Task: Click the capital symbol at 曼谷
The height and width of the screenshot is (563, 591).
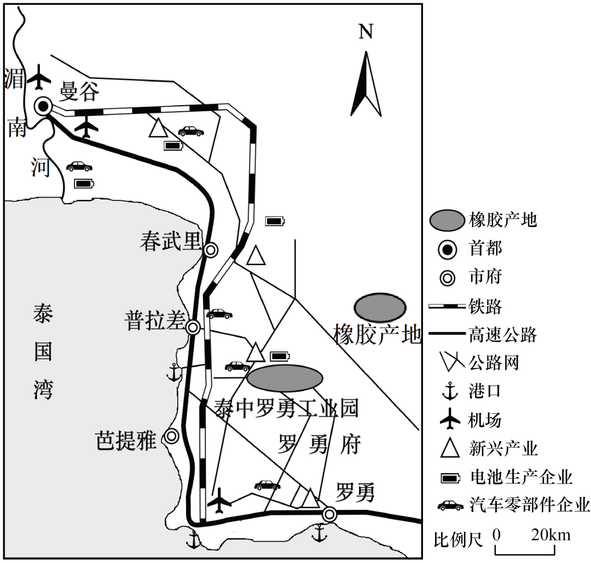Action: [43, 106]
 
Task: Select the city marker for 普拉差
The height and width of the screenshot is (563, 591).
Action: [193, 328]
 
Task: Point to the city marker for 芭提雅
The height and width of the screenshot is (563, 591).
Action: [172, 436]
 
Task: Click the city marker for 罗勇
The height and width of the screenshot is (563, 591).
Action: [329, 514]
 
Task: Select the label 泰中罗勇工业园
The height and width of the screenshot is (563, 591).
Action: [286, 408]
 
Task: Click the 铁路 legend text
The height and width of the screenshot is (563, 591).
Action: [485, 306]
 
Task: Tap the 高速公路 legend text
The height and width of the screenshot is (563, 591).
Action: [502, 335]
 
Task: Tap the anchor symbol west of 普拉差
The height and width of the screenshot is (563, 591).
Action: [173, 372]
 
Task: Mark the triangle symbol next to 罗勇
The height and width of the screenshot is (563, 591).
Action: [310, 499]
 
